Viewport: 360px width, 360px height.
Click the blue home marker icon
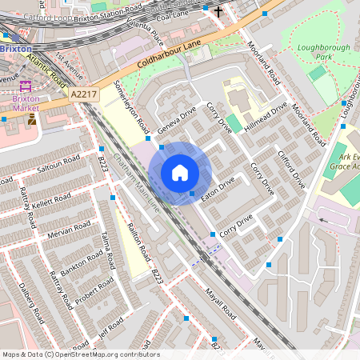pyautogui.click(x=180, y=173)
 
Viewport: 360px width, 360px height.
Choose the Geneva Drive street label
pyautogui.click(x=177, y=120)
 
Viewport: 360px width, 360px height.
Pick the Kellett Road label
pyautogui.click(x=55, y=195)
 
